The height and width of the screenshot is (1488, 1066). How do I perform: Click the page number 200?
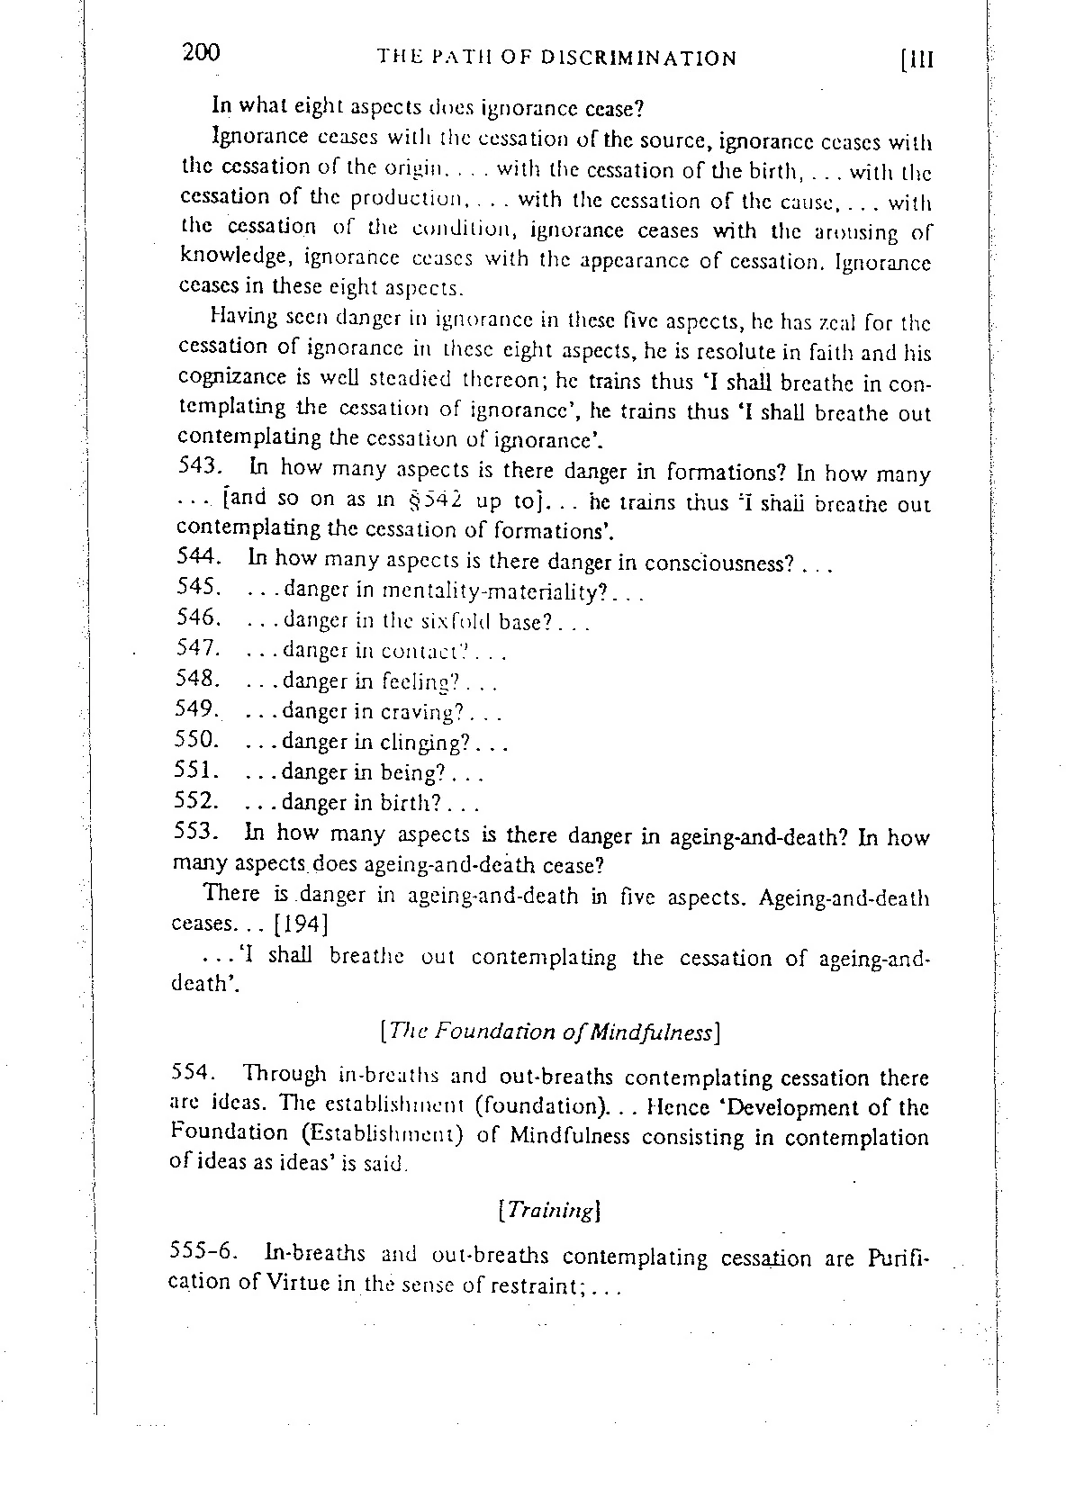coord(200,53)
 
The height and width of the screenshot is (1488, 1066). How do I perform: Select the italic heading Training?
coord(548,1210)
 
